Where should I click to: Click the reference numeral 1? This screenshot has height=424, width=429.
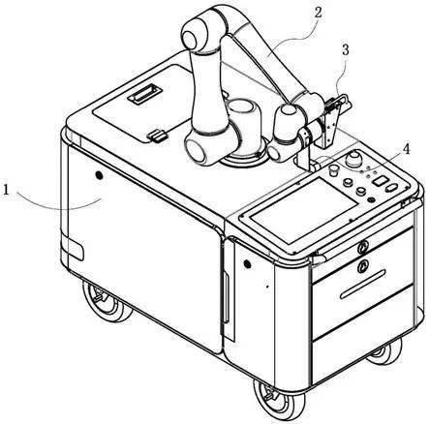[x=6, y=190]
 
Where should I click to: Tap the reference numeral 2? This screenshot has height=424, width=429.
[x=319, y=13]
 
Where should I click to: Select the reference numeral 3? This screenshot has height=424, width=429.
[x=346, y=50]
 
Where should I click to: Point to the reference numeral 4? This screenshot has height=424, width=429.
[x=406, y=149]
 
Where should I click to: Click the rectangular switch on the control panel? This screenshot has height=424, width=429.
[x=380, y=180]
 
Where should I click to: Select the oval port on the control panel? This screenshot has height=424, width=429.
[x=391, y=189]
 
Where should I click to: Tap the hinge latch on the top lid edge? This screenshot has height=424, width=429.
[x=157, y=136]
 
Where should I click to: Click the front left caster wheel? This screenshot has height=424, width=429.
[x=106, y=302]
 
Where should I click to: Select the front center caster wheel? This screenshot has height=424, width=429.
[x=278, y=400]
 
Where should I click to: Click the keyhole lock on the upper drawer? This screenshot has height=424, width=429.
[x=362, y=248]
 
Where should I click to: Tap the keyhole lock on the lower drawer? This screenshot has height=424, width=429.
[x=363, y=266]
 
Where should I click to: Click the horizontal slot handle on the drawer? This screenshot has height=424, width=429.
[x=363, y=285]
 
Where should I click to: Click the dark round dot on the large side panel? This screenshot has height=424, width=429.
[x=99, y=175]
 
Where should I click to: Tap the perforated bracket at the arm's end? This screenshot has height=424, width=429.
[x=330, y=127]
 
